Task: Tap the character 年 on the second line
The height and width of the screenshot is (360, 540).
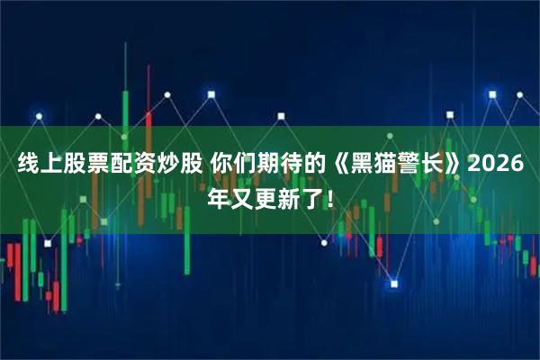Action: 218,196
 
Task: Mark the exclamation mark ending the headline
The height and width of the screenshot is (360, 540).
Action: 328,196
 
